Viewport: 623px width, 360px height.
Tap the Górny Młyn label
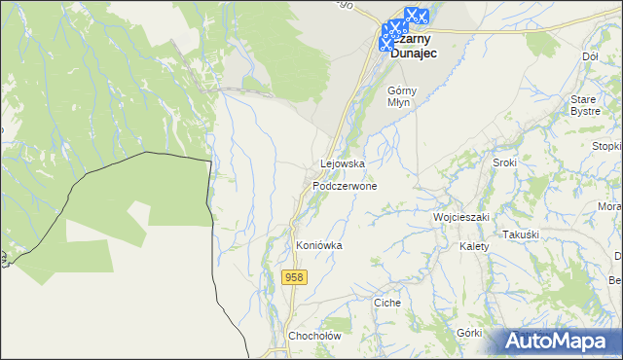[401, 96]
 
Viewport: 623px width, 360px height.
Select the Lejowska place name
[343, 164]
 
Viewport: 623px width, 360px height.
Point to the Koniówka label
[319, 246]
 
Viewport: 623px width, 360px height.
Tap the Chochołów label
[312, 337]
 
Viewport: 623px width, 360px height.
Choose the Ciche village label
[387, 303]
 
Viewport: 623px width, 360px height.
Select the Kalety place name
[474, 246]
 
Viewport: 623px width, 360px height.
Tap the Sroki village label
[504, 162]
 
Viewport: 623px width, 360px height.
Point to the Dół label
[589, 56]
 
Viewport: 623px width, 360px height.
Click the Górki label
[469, 333]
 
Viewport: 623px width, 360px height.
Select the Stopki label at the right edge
[606, 146]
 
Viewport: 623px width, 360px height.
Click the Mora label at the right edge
[609, 207]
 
